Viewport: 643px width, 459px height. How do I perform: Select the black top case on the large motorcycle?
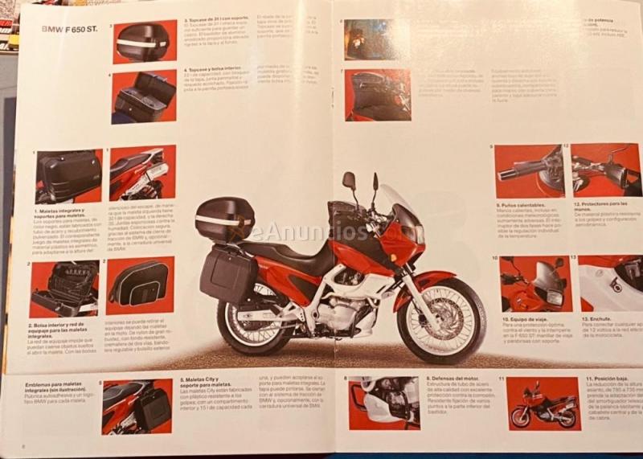point(224,219)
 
